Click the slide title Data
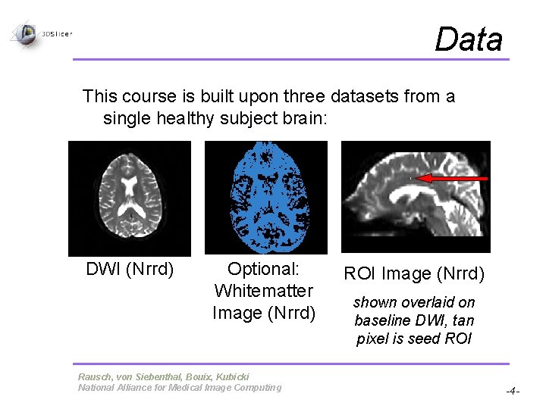(468, 39)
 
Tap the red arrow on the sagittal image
(453, 178)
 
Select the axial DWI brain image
(130, 198)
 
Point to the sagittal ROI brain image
(416, 197)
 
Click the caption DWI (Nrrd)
(130, 269)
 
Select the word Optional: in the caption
(264, 269)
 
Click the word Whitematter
(264, 291)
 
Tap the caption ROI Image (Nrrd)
(414, 273)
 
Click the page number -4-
(513, 392)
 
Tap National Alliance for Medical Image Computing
(179, 388)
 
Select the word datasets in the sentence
(366, 96)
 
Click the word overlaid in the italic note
(424, 302)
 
